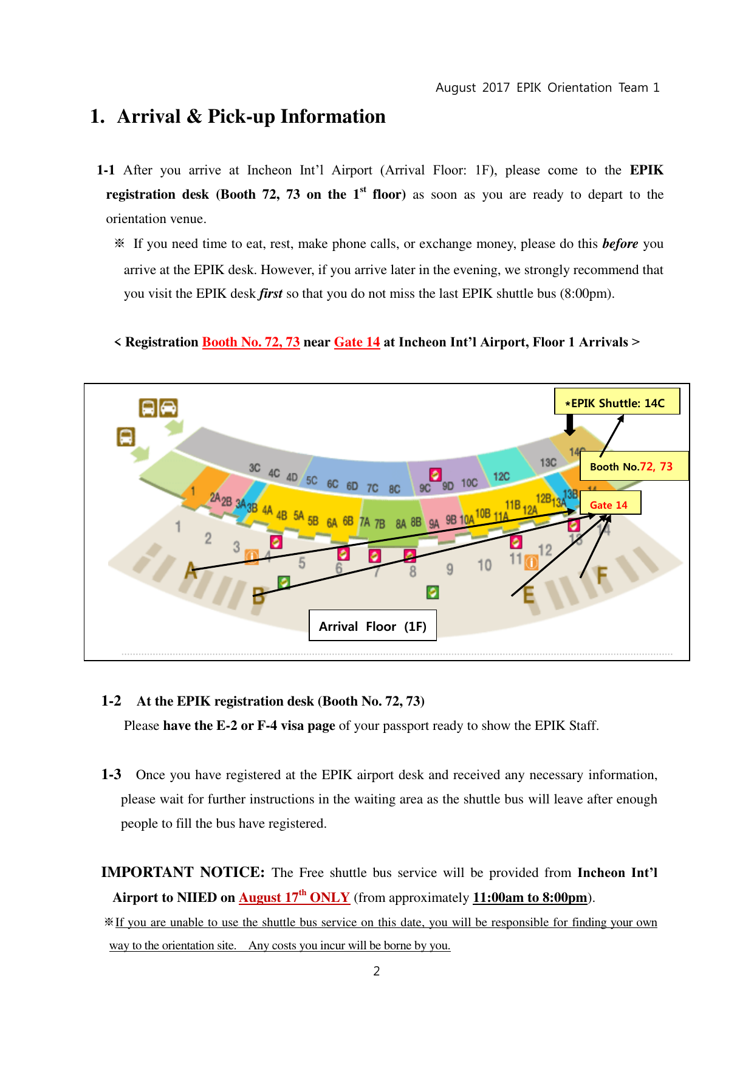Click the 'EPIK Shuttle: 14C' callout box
point(617,402)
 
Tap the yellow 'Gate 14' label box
point(610,503)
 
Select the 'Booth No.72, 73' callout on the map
point(634,466)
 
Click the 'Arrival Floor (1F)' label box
point(372,626)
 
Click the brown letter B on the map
point(258,596)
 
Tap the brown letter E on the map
point(529,595)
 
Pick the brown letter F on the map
point(602,575)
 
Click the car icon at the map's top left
point(168,408)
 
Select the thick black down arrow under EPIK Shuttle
point(569,425)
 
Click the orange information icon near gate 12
point(531,563)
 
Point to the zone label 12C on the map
point(501,476)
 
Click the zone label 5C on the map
point(312,480)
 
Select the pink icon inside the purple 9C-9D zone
point(435,474)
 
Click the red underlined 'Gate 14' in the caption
point(357,342)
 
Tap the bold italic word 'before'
point(620,244)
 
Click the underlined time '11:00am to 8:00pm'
point(530,898)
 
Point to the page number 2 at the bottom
point(377,971)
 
